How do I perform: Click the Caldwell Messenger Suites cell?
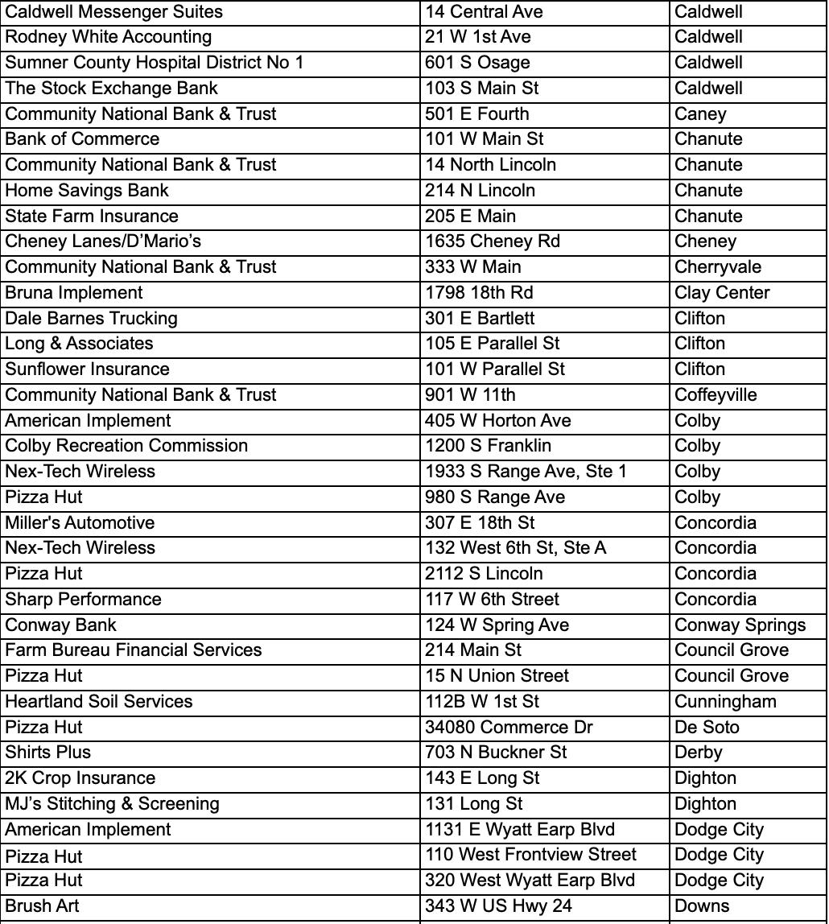[x=114, y=12]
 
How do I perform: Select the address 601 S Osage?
[x=478, y=63]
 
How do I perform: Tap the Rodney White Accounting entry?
[x=109, y=37]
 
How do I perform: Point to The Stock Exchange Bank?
[x=112, y=89]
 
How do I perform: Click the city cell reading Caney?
[x=700, y=114]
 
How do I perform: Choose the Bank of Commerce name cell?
[x=83, y=139]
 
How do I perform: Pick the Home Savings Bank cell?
[x=88, y=191]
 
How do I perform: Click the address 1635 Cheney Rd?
[x=493, y=241]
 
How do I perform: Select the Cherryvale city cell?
[x=718, y=267]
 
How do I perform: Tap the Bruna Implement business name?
[x=74, y=293]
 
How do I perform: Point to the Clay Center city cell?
[x=722, y=293]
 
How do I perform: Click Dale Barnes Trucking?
[x=91, y=319]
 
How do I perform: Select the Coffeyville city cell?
[x=716, y=395]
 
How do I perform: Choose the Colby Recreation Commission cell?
[x=126, y=446]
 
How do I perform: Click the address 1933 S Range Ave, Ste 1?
[x=526, y=472]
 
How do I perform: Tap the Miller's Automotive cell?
[x=80, y=523]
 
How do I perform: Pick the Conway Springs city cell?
[x=740, y=625]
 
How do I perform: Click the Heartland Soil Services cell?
[x=99, y=702]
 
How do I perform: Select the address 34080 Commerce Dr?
[x=509, y=728]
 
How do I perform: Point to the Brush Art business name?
[x=43, y=906]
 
